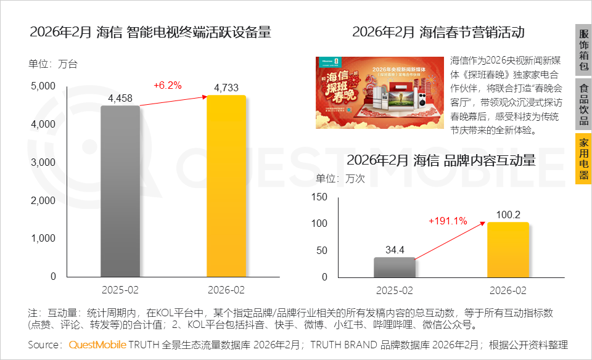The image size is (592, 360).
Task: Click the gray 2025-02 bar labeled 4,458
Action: pos(120,191)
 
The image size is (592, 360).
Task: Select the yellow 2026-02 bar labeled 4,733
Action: pos(226,186)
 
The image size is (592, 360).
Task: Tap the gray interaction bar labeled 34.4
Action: pos(394,267)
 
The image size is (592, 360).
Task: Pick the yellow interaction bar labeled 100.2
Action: pos(508,250)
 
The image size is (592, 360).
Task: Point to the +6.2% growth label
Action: pos(168,86)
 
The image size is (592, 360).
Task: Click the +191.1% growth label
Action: pos(448,221)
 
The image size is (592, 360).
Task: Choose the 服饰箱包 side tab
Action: pos(583,50)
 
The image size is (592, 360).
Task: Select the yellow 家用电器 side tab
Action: pos(583,159)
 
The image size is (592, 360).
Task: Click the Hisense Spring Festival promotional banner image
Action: pos(379,92)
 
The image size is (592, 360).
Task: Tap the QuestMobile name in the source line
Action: pos(97,345)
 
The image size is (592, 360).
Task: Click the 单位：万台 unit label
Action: pos(53,64)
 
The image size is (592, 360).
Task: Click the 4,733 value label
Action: pos(226,88)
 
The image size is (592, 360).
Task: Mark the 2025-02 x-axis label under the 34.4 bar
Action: pos(395,290)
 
